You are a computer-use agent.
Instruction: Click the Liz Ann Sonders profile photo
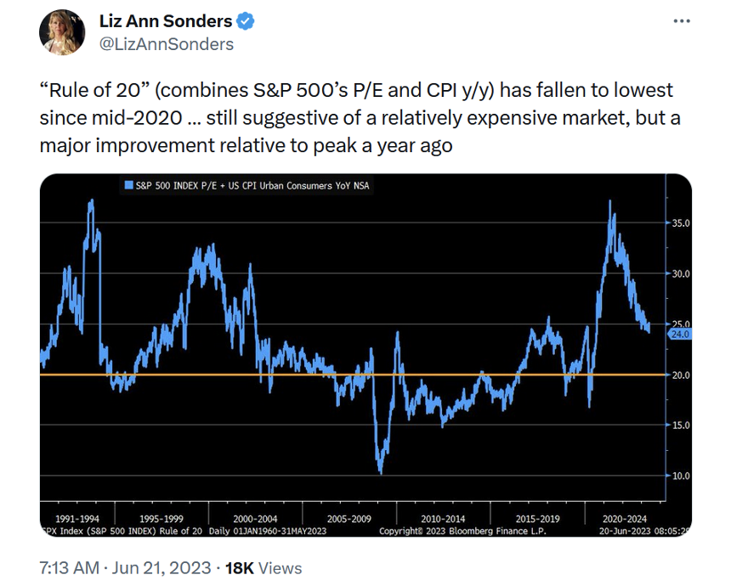pos(62,32)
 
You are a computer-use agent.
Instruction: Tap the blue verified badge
pos(246,21)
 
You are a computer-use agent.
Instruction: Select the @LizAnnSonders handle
pos(167,43)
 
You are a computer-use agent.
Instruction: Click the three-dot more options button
pos(682,21)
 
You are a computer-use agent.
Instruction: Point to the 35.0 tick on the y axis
pos(681,223)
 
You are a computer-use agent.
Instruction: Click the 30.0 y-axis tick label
pos(681,274)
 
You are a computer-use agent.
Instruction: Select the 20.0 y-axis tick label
pos(681,375)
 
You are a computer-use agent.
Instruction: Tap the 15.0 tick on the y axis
pos(681,425)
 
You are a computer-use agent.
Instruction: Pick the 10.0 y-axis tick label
pos(681,476)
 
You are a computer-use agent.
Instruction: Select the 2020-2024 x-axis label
pos(625,517)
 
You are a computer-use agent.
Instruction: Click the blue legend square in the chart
pos(127,184)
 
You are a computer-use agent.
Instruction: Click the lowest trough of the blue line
pos(380,472)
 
